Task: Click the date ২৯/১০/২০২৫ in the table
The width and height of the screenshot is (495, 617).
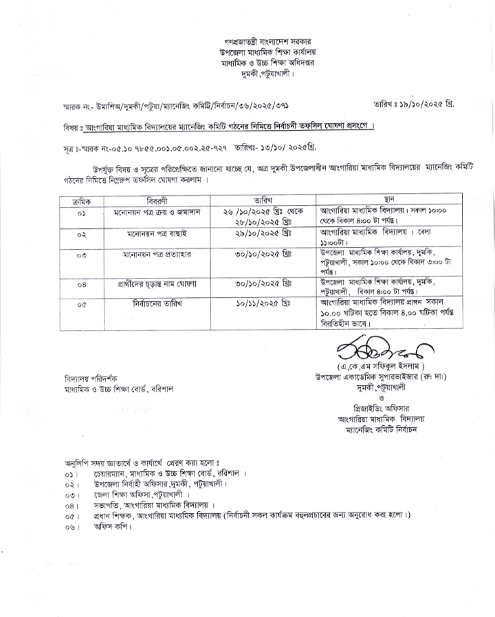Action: (x=263, y=235)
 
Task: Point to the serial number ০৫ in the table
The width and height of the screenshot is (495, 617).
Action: (x=85, y=303)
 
